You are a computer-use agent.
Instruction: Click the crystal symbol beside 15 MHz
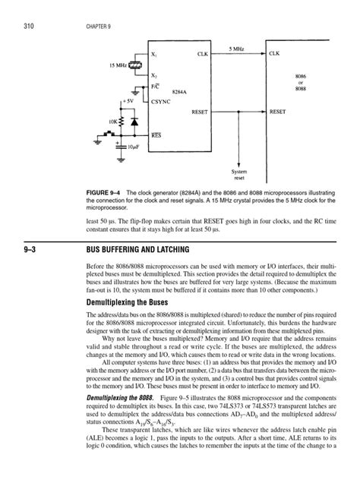coord(135,65)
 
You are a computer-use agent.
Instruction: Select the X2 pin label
coord(155,77)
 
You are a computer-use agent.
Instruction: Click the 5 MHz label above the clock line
coord(237,47)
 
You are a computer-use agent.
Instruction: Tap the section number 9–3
coord(16,248)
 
